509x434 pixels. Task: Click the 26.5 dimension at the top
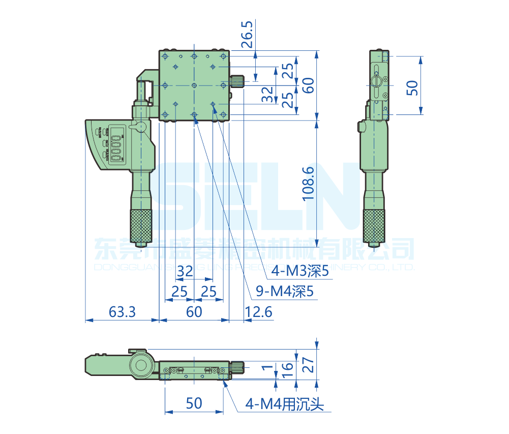247,35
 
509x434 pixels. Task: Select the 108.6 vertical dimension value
308,183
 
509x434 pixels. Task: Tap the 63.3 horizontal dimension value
122,312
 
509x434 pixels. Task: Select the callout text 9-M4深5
284,292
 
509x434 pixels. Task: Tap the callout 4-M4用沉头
284,404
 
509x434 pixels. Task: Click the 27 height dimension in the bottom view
309,365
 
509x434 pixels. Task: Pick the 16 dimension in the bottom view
288,367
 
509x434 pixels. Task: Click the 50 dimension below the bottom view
194,403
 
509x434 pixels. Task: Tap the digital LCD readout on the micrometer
116,146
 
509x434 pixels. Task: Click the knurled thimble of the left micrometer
142,225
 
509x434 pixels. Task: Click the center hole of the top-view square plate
194,85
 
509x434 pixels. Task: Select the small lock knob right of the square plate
237,81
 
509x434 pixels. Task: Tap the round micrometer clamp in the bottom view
141,364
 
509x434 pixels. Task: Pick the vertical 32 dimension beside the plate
266,94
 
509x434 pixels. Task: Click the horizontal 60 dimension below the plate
194,312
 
